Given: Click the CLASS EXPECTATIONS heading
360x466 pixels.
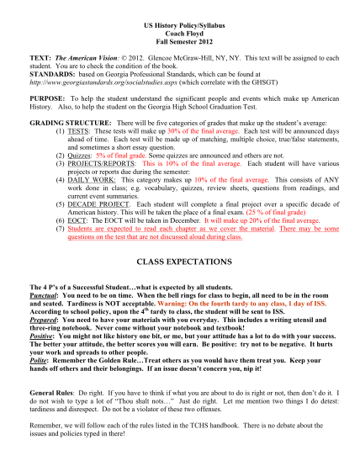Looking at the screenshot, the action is (x=180, y=310).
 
